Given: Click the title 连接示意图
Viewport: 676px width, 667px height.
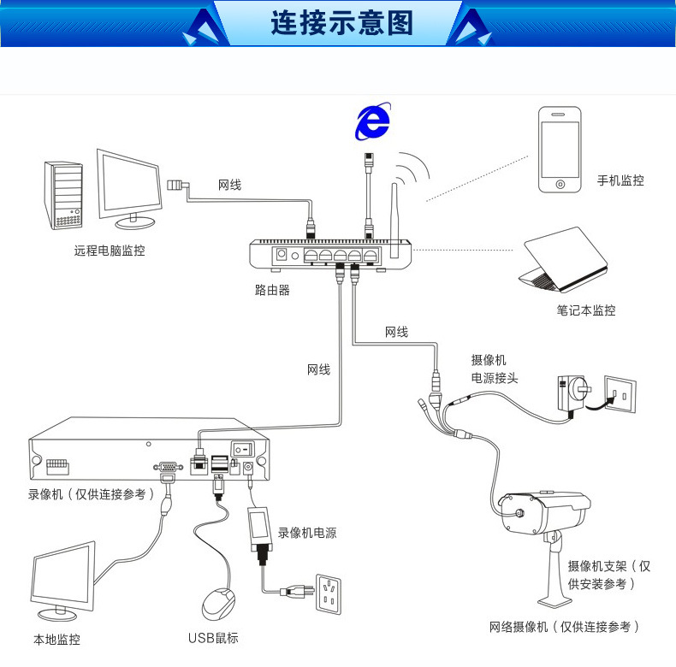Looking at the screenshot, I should [341, 22].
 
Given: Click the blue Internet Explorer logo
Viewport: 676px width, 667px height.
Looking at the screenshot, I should [373, 122].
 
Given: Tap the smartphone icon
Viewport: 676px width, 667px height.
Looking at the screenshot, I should [559, 151].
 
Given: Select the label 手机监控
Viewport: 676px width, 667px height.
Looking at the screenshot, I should [620, 180].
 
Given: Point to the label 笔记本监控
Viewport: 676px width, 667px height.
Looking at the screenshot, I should [586, 310].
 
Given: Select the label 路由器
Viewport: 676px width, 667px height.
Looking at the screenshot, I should [272, 290].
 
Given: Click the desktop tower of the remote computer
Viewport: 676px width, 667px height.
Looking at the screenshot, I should [64, 195].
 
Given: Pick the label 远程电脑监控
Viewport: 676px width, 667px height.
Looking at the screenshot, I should [110, 251].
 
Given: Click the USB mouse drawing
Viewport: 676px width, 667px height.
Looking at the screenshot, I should [219, 605].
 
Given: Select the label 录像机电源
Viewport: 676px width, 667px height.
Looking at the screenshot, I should [307, 533].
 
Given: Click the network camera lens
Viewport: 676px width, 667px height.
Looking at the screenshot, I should [519, 514].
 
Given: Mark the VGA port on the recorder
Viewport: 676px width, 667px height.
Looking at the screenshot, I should [165, 468].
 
